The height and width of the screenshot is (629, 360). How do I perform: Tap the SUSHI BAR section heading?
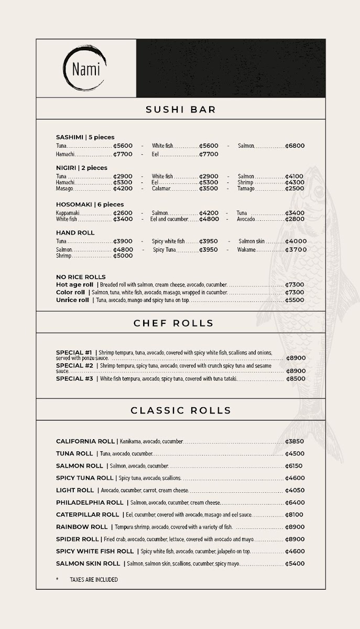(180, 110)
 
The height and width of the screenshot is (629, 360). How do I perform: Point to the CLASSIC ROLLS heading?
(180, 410)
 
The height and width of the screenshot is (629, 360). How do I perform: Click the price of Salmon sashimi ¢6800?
(295, 146)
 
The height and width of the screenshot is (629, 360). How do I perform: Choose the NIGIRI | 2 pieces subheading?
(81, 168)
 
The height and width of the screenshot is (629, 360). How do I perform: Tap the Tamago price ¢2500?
(295, 189)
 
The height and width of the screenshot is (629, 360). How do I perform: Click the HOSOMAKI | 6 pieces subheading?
(90, 204)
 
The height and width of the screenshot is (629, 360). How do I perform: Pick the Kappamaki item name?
(68, 213)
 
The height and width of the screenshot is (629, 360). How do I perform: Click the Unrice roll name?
(72, 300)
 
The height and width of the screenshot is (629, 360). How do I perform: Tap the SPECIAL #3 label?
(74, 378)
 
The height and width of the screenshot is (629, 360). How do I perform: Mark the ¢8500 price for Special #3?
(296, 378)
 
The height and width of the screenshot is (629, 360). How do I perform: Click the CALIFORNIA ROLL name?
(85, 441)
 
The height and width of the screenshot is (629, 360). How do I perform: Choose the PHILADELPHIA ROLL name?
(90, 503)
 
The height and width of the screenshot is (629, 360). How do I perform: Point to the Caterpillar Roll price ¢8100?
(294, 515)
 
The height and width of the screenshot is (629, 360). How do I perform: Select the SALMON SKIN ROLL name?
(88, 563)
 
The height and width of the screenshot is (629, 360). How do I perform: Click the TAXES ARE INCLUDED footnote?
(93, 580)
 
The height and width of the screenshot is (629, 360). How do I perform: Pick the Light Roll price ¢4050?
(295, 491)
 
